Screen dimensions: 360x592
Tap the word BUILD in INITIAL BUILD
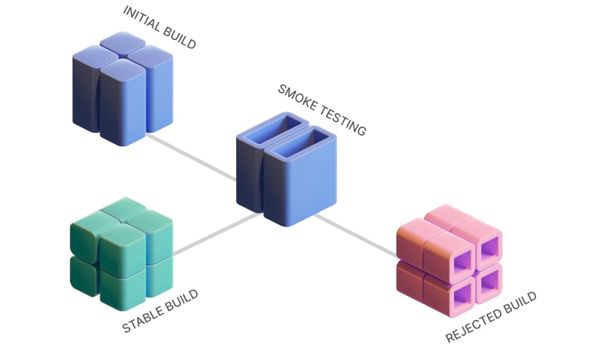coord(179,38)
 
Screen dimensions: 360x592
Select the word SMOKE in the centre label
coord(295,97)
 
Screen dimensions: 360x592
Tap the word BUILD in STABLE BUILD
coord(182,299)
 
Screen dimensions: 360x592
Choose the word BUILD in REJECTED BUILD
coord(520,300)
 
